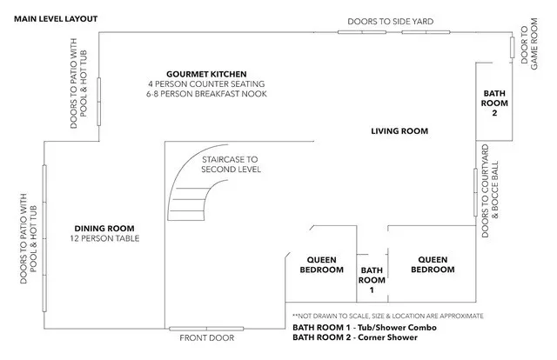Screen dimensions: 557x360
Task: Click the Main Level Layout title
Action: pos(56,19)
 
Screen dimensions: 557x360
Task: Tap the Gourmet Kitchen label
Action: pos(206,74)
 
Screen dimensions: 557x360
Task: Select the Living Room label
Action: pos(399,131)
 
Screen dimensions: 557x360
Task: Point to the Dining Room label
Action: pos(104,229)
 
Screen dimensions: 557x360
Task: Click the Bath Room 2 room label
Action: pos(494,103)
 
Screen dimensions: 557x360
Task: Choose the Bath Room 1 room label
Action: pos(372,280)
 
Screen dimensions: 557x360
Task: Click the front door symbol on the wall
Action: pos(206,329)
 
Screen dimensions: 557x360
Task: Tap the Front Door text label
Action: pos(207,338)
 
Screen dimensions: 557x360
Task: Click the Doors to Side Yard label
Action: pos(391,21)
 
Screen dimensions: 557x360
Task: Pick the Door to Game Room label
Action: pos(529,44)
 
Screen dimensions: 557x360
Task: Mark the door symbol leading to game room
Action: pos(513,48)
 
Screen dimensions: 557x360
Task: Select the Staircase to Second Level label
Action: pos(231,164)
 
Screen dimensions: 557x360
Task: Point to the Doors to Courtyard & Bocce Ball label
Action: pos(490,190)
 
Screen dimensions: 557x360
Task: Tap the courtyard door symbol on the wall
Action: pos(476,192)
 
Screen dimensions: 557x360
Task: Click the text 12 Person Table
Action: pos(104,238)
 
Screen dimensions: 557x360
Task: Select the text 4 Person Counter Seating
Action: pos(206,84)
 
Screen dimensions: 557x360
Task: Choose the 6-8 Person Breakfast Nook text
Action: pos(206,94)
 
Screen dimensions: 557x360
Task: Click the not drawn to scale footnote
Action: pos(388,316)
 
